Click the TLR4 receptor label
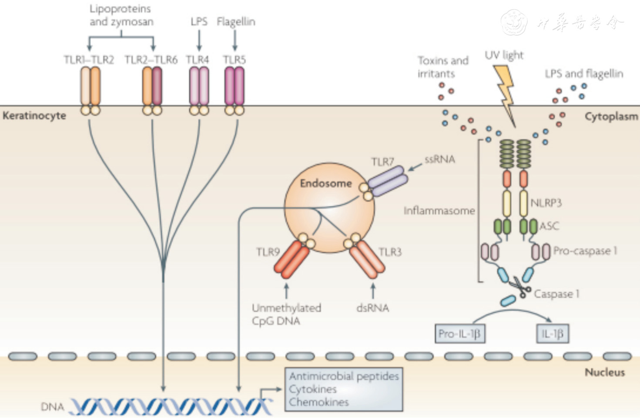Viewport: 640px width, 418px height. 198,60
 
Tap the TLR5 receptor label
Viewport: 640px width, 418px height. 235,60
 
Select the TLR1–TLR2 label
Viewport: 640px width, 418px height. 89,60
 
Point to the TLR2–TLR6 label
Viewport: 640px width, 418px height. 151,60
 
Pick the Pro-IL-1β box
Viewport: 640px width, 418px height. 459,334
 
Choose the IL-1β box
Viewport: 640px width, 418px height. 552,334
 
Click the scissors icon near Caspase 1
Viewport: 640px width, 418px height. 520,287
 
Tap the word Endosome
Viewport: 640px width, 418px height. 325,183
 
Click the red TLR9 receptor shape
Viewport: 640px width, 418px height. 292,259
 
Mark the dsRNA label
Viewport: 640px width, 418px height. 372,308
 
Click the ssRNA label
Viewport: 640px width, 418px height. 440,160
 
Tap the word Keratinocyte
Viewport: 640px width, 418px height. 34,116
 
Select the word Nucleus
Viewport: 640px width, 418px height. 604,372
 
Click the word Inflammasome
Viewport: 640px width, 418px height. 439,211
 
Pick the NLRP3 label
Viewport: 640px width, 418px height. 546,203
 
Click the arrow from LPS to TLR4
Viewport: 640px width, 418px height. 199,41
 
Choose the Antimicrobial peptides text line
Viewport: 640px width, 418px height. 344,376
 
